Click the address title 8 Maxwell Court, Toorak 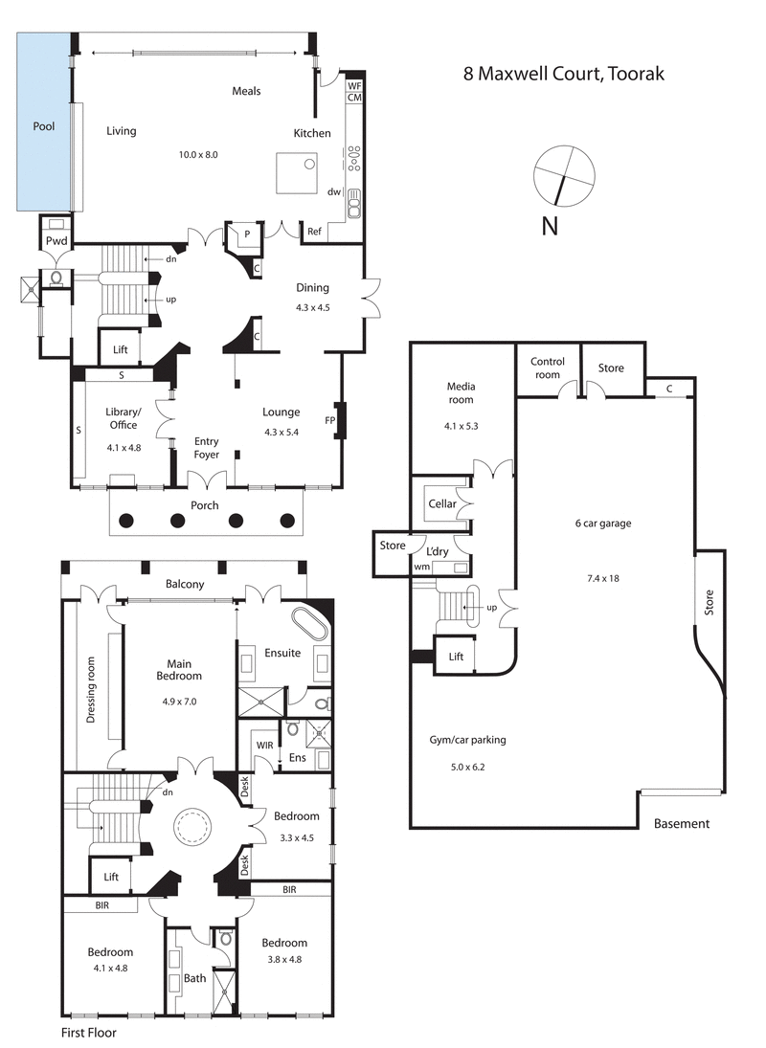point(563,74)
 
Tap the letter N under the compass point(550,226)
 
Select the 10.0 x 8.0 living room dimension point(199,154)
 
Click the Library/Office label point(124,418)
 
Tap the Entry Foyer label point(207,448)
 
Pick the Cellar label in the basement point(441,503)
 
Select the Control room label point(548,368)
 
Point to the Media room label point(461,392)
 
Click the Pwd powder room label point(56,241)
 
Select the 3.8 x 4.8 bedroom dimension point(284,959)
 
